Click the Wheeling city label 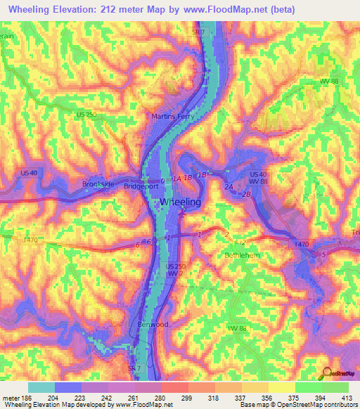tap(181, 202)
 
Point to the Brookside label tap(98, 183)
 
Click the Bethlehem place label tap(244, 255)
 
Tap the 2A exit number tap(228, 188)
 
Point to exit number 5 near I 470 tap(323, 253)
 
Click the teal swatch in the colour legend tap(41, 387)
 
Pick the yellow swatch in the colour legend tap(282, 387)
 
